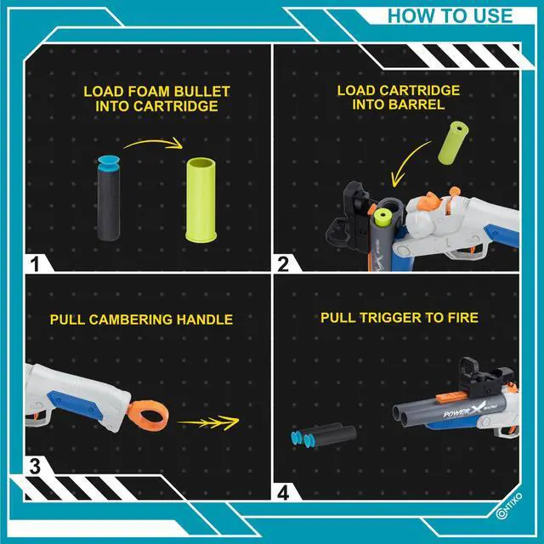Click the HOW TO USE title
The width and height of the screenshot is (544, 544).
tap(450, 16)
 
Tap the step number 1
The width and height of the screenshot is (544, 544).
tap(35, 264)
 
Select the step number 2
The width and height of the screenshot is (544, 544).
tap(283, 264)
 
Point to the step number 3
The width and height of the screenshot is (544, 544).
tap(35, 467)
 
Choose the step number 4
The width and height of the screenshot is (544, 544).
tap(283, 493)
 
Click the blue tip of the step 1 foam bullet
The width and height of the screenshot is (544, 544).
tap(109, 163)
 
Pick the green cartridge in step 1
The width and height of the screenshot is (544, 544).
tap(201, 200)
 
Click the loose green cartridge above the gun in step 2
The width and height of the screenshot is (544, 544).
tap(453, 142)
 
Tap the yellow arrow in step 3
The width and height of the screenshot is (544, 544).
tap(208, 422)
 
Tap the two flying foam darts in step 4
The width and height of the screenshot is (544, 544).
tap(323, 434)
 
